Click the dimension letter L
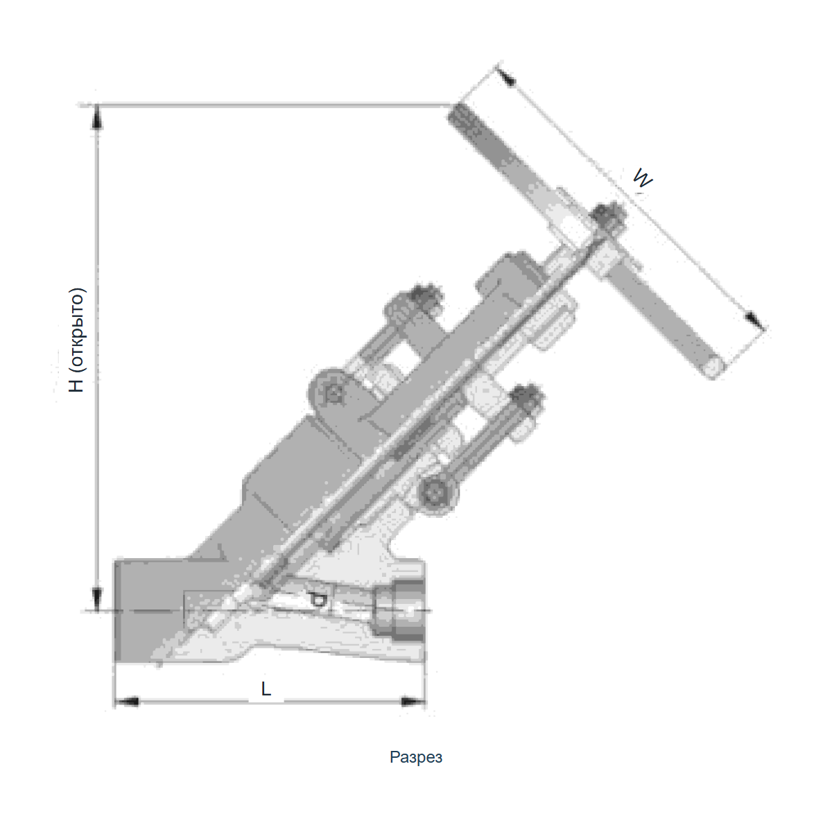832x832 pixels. point(266,689)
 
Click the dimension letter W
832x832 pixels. point(643,178)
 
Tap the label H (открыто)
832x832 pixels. point(77,340)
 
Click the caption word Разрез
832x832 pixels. point(416,757)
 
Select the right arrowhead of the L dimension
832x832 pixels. point(413,702)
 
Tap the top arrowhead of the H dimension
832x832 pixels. point(96,116)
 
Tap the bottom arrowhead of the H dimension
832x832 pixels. point(96,598)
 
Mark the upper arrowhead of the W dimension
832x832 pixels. point(506,75)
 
